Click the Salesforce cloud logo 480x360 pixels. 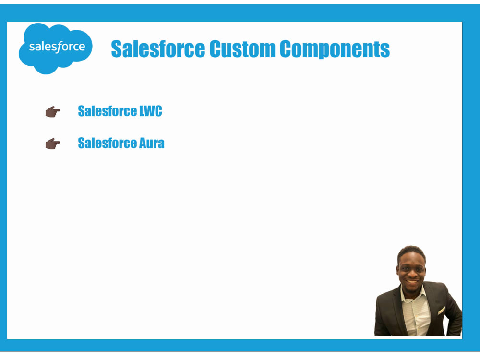tap(55, 48)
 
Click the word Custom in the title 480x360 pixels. tap(242, 48)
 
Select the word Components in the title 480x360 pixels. tap(335, 49)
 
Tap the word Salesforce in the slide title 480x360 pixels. tap(158, 48)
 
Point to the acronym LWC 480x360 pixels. tap(151, 111)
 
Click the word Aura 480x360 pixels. tap(152, 143)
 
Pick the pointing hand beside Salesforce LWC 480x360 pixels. tap(53, 112)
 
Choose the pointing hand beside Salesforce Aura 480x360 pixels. tap(53, 144)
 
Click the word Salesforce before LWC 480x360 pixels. tap(108, 111)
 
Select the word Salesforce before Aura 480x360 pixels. tap(108, 143)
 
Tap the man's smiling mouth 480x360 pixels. tap(412, 282)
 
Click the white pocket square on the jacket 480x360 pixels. tap(441, 311)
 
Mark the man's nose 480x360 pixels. tap(411, 274)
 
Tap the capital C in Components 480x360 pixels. tap(285, 48)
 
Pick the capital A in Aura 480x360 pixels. tap(143, 143)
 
